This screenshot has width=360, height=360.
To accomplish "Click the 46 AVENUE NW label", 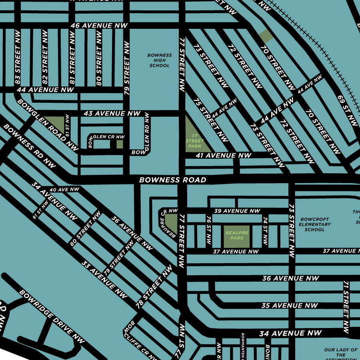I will [x=99, y=26].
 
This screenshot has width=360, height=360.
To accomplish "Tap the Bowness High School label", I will [x=160, y=60].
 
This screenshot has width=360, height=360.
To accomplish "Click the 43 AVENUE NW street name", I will [x=112, y=114].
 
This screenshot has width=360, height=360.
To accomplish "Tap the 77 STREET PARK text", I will [x=195, y=141].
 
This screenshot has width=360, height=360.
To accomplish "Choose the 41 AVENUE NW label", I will [x=223, y=155].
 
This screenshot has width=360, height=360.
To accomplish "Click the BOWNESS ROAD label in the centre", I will [x=173, y=180].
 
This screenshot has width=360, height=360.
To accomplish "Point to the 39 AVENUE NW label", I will [x=237, y=211].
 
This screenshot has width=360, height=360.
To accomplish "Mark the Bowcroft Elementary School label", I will [x=314, y=224].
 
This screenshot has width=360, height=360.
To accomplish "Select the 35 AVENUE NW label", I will [x=290, y=306].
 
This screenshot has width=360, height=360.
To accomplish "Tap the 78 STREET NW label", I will [x=154, y=286].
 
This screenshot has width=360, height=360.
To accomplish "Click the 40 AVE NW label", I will [x=64, y=189].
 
